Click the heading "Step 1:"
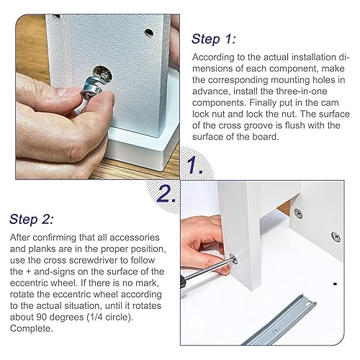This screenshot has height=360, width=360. tap(213, 39)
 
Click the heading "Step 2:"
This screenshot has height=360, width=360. tap(32, 220)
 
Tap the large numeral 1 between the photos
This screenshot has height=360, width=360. tap(194, 165)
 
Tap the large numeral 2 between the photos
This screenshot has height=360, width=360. tap(166, 193)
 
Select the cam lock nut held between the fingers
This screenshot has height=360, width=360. tap(91, 90)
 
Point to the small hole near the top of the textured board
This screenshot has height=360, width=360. tap(149, 32)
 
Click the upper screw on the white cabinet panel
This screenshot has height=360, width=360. tap(298, 213)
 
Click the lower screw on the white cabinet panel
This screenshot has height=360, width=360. tap(336, 237)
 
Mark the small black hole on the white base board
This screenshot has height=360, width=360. tap(335, 284)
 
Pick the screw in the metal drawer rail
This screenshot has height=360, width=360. tap(276, 331)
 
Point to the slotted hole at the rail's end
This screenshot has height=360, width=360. tap(308, 305)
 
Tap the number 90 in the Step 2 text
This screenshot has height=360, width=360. tap(42, 318)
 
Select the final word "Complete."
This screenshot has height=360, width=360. tap(31, 328)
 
